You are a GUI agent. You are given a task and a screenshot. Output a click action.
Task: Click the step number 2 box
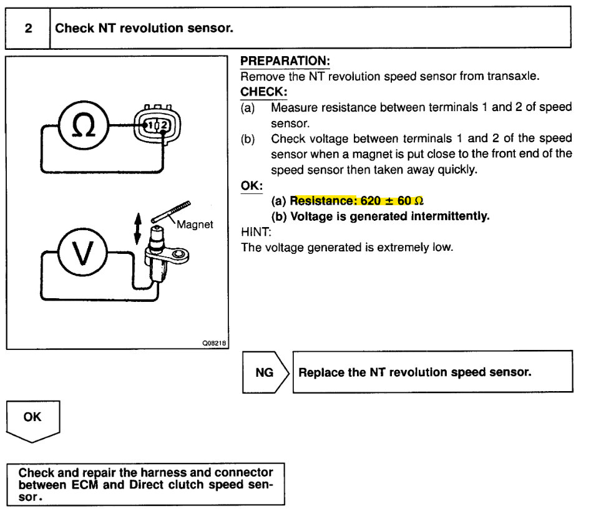[28, 28]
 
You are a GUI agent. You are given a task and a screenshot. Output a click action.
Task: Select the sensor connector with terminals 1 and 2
[157, 125]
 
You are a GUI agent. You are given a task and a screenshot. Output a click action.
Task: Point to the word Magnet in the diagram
[195, 225]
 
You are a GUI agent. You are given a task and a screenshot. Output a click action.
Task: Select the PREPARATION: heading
[285, 61]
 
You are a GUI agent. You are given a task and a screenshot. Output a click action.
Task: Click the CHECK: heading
[263, 92]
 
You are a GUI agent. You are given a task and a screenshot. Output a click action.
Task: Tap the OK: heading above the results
[252, 186]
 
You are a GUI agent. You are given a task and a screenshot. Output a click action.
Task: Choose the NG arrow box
[265, 372]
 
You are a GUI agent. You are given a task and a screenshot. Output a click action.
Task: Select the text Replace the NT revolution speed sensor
[415, 372]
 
